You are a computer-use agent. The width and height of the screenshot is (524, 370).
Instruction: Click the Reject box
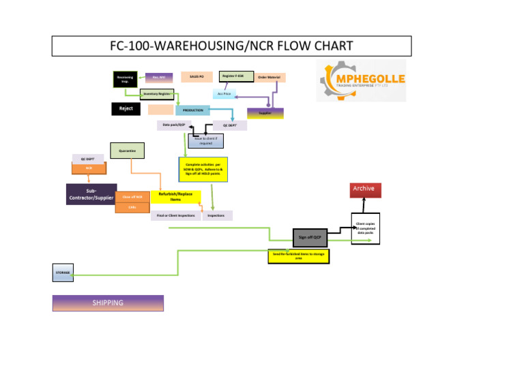click(126, 109)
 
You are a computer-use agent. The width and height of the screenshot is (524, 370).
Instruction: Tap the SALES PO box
click(196, 77)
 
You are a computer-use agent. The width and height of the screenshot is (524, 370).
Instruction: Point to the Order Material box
click(270, 78)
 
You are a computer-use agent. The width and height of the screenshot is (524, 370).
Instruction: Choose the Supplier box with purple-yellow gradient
click(265, 113)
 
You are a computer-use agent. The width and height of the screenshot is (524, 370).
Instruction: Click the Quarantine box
click(126, 151)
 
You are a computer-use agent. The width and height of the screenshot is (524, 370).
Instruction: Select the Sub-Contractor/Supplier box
click(91, 194)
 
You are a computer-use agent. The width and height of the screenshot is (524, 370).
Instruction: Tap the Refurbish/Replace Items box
click(175, 196)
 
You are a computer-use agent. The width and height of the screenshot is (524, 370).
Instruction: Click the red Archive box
click(364, 189)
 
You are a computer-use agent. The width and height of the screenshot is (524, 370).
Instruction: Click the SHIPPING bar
click(108, 303)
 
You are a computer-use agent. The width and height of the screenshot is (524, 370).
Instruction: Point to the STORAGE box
click(63, 273)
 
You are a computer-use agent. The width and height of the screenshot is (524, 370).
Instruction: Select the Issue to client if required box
click(205, 140)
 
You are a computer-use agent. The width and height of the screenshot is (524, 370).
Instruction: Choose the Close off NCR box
click(132, 197)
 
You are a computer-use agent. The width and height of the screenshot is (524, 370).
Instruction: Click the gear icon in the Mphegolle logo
click(336, 79)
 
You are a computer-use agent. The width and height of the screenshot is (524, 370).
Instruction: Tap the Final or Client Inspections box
click(175, 215)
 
